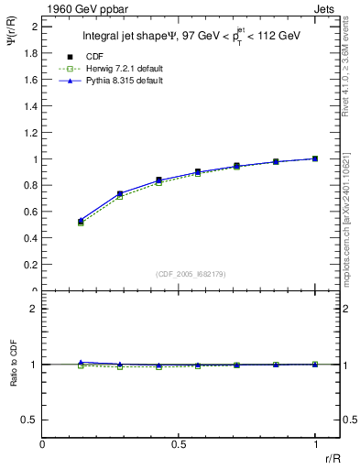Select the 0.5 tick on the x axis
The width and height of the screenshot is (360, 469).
(179, 443)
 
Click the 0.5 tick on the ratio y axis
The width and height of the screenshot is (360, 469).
(30, 420)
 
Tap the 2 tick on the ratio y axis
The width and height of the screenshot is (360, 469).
(33, 309)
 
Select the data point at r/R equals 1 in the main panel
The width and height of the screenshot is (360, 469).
(315, 158)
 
